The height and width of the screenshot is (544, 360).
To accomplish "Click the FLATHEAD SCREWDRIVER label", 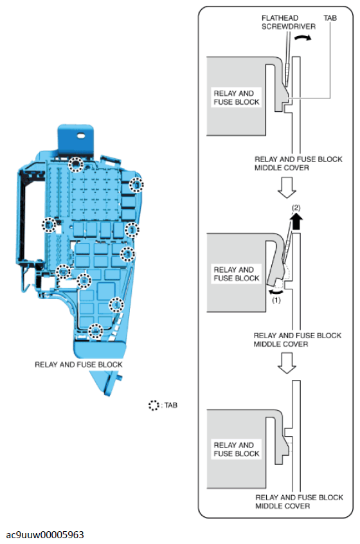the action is pos(288,23).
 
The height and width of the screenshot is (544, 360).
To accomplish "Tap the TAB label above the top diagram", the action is pos(330,18).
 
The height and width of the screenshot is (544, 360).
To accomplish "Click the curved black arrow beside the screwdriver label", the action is pos(303,38).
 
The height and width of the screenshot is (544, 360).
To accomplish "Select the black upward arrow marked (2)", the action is pos(296,221).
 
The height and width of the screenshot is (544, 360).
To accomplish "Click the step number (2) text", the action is pos(296,208).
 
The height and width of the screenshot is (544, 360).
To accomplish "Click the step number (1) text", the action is pos(276,300).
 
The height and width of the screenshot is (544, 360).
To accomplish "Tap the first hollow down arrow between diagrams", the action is pos(287,188).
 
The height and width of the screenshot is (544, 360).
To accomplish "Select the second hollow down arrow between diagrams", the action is pos(287,363).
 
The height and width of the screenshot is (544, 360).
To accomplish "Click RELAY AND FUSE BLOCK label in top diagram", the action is pos(237,98).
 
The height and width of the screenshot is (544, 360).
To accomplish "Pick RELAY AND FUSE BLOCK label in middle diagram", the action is pos(237,274).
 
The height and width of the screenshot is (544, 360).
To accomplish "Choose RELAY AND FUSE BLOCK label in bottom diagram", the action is pos(237,449).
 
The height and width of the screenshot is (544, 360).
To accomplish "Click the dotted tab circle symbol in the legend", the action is pos(153,405).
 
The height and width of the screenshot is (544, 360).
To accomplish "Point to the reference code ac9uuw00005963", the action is pos(45,534).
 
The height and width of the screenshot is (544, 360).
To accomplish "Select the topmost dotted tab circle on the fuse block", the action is pos(76,165).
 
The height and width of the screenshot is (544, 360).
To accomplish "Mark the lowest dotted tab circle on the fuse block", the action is pos(95,331).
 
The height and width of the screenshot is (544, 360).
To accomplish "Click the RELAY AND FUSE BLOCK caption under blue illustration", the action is pos(78,365).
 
